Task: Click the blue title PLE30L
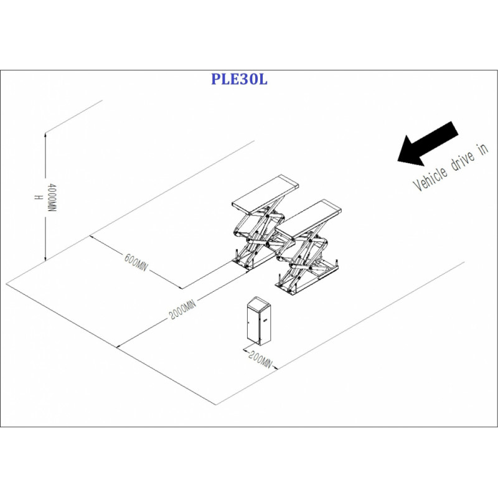pyautogui.click(x=239, y=79)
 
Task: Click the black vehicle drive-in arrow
pyautogui.click(x=428, y=144)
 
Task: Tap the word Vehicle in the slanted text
pyautogui.click(x=430, y=179)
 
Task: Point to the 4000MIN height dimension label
pyautogui.click(x=52, y=197)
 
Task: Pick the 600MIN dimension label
pyautogui.click(x=136, y=262)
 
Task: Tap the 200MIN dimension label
pyautogui.click(x=260, y=360)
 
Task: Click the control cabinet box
pyautogui.click(x=259, y=321)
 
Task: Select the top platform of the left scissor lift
pyautogui.click(x=266, y=194)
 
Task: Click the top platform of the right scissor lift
pyautogui.click(x=308, y=219)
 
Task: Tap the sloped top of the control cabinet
pyautogui.click(x=259, y=302)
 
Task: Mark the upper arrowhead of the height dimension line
pyautogui.click(x=45, y=135)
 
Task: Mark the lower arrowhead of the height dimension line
pyautogui.click(x=45, y=258)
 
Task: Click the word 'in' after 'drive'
pyautogui.click(x=483, y=149)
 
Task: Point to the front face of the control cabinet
pyautogui.click(x=254, y=324)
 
